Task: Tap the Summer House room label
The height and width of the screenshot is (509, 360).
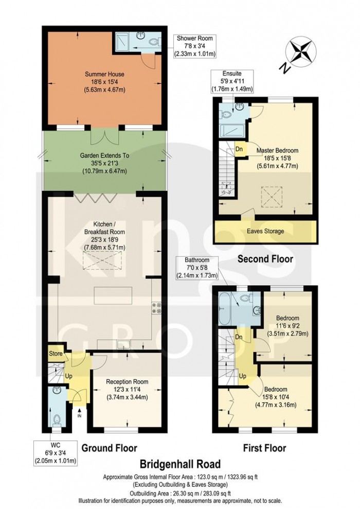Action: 105,82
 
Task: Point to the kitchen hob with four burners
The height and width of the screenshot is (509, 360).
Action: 156,308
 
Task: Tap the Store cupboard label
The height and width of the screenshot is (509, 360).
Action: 55,354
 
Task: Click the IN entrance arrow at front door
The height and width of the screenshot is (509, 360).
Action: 79,412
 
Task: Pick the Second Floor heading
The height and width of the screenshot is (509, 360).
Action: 265,259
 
